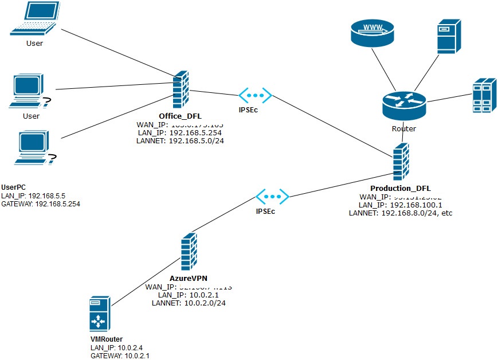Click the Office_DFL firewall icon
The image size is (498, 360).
(181, 90)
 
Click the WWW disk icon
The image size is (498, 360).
(372, 32)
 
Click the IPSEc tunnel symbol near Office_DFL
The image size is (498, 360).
(255, 96)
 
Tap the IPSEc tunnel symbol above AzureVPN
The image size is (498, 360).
(273, 196)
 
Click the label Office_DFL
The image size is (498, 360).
(180, 116)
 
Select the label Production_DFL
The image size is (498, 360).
(401, 188)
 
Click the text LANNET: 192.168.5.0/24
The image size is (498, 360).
(180, 140)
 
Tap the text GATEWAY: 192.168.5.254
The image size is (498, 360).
(41, 204)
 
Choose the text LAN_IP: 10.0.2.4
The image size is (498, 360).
(111, 348)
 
